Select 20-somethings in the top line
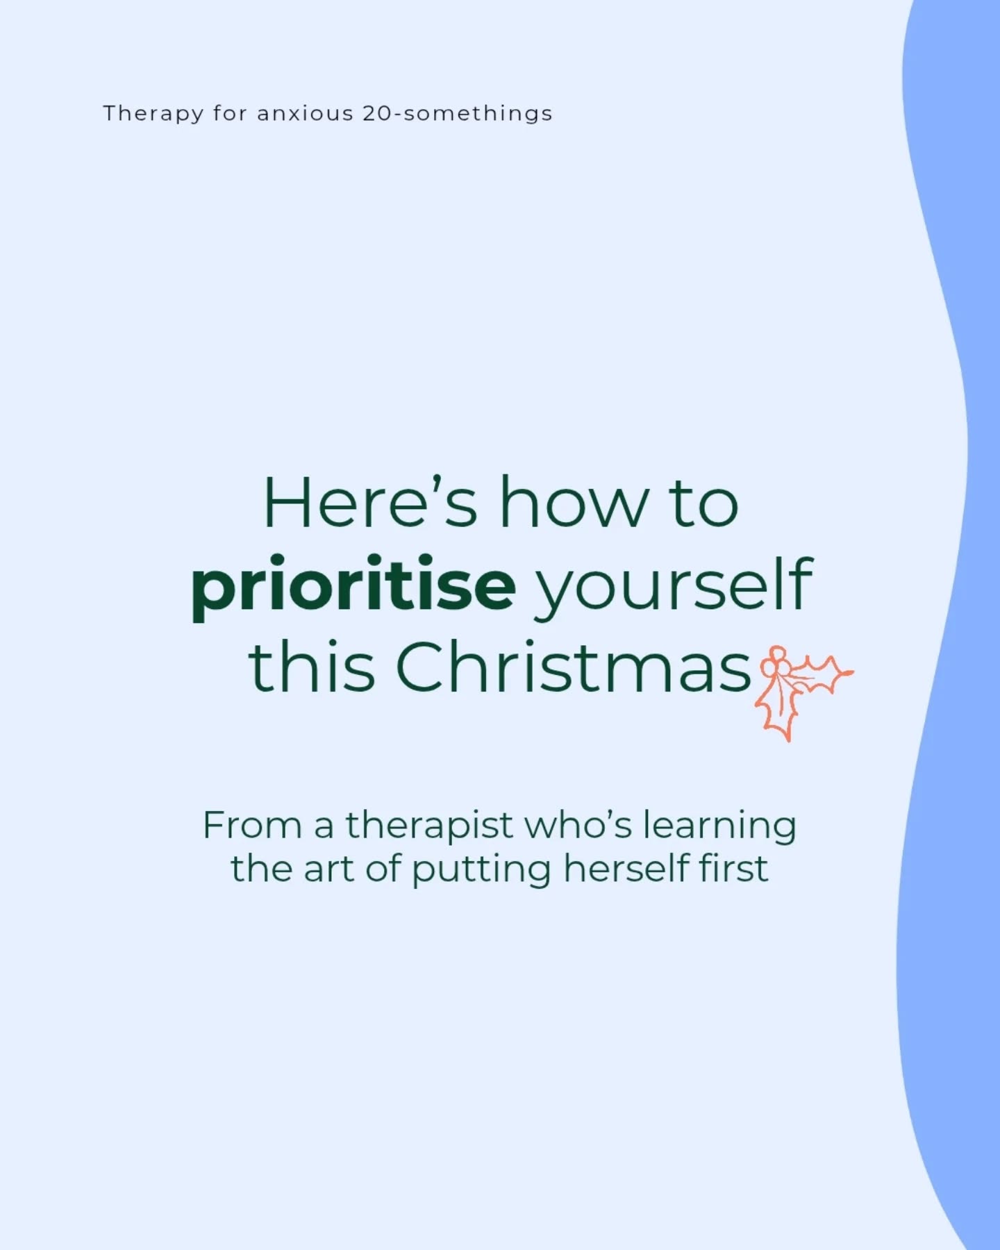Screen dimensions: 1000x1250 click(458, 114)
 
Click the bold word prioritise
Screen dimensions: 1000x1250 click(353, 587)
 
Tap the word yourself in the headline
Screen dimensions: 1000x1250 click(672, 587)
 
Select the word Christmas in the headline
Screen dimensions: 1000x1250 click(574, 667)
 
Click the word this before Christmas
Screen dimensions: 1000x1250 click(312, 667)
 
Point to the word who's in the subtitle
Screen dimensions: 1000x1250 click(578, 825)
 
